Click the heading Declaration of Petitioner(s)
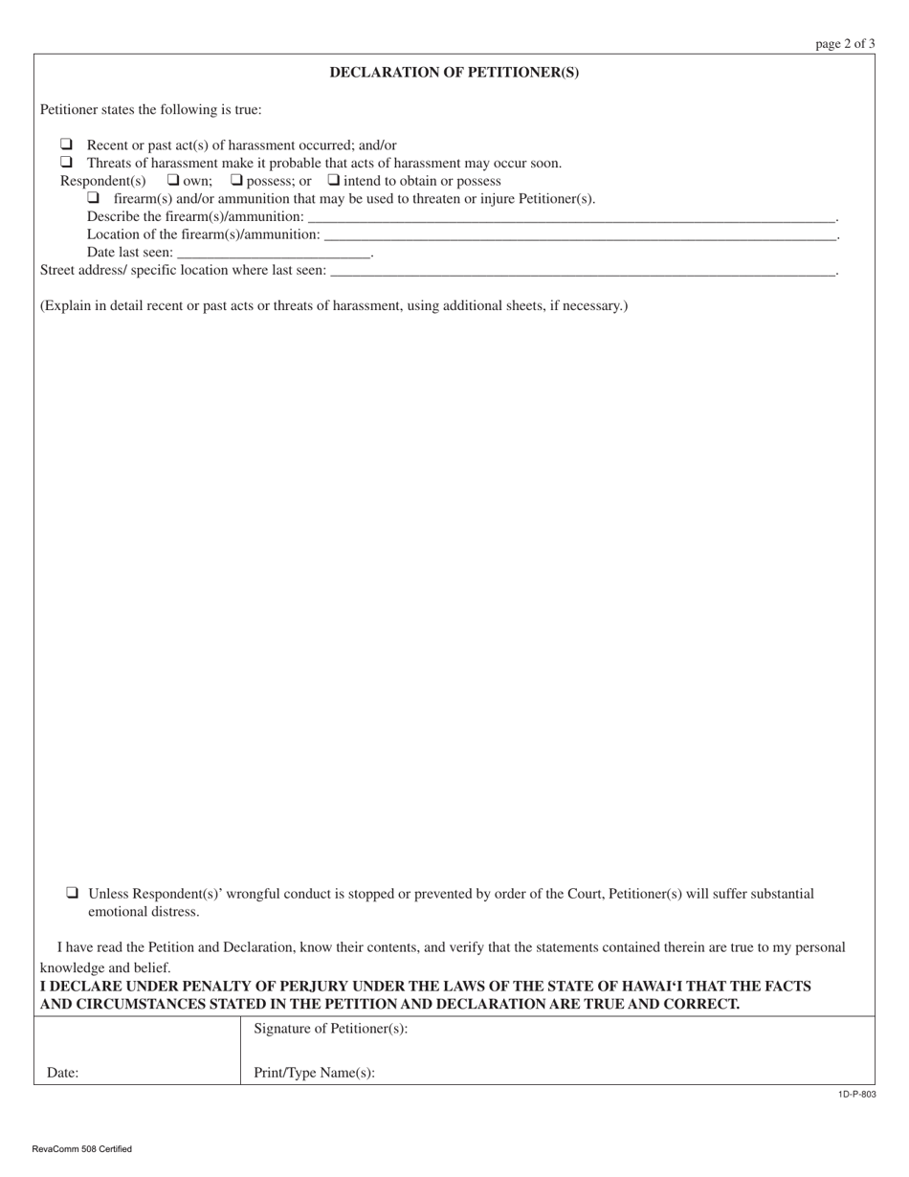pyautogui.click(x=454, y=73)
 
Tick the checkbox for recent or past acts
pyautogui.click(x=67, y=144)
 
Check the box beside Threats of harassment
pyautogui.click(x=67, y=163)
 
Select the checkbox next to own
pyautogui.click(x=173, y=180)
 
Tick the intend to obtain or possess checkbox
pyautogui.click(x=334, y=180)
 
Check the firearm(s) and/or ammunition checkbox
pyautogui.click(x=94, y=198)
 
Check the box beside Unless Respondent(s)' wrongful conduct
pyautogui.click(x=73, y=893)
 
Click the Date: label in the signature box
pyautogui.click(x=62, y=1074)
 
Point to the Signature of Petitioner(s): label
pyautogui.click(x=331, y=1029)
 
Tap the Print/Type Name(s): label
pyautogui.click(x=314, y=1073)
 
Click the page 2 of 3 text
pyautogui.click(x=845, y=43)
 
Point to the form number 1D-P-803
pyautogui.click(x=856, y=1095)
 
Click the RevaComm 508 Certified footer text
pyautogui.click(x=81, y=1149)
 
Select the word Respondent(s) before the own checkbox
pyautogui.click(x=103, y=181)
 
